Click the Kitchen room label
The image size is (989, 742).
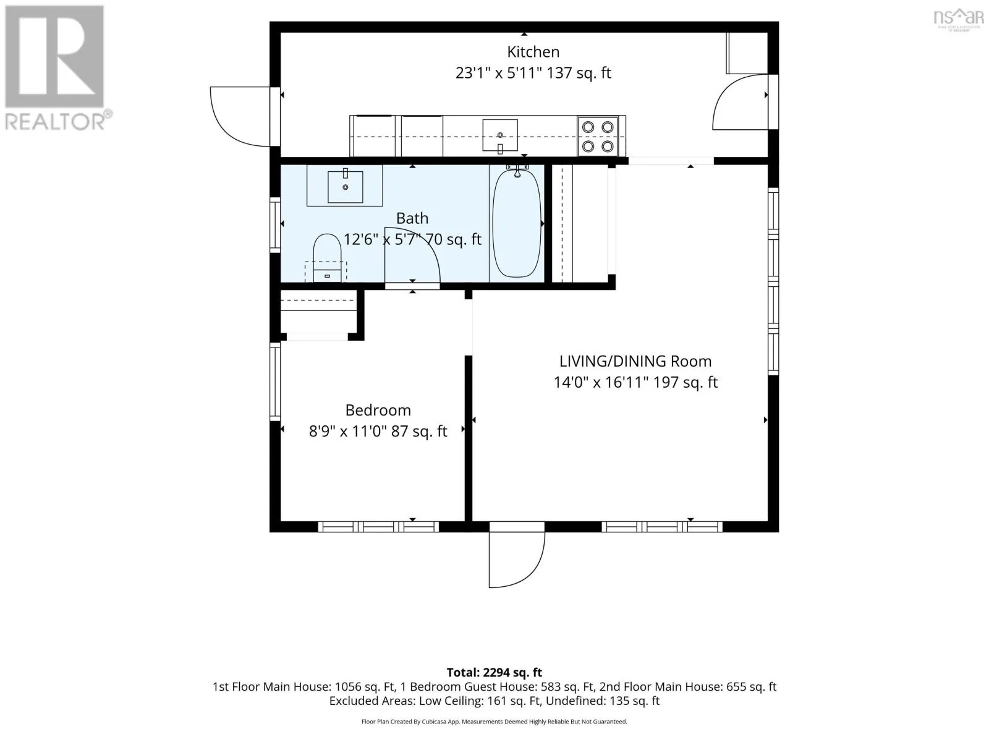(533, 52)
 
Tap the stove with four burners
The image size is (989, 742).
(598, 136)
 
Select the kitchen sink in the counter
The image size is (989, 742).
(499, 135)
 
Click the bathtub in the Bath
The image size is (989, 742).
(516, 221)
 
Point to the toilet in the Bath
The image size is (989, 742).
(327, 258)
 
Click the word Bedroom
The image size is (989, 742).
(378, 410)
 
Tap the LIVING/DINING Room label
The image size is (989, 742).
(635, 361)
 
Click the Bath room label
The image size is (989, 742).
(412, 218)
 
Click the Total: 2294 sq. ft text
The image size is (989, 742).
(494, 673)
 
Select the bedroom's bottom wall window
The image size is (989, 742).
(378, 527)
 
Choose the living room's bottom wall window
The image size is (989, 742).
(662, 527)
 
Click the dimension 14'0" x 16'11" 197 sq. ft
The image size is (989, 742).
(635, 383)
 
